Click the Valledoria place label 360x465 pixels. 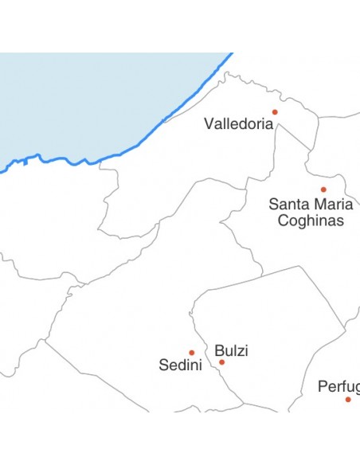tap(238, 124)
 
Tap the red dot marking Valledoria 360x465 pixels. tap(275, 112)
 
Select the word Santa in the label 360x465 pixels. tap(288, 204)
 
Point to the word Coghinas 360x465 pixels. tap(311, 220)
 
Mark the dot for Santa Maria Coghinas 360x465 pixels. tap(323, 190)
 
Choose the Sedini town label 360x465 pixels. tap(180, 365)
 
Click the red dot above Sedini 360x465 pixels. tap(192, 353)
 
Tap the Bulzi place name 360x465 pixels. tap(231, 350)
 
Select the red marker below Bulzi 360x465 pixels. tap(222, 362)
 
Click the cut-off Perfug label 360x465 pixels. tap(338, 387)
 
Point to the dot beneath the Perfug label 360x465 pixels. tap(348, 399)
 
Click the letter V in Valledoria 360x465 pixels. tap(209, 124)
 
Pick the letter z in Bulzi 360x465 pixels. tap(241, 351)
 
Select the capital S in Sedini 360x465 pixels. tap(164, 365)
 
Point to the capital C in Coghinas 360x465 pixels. tap(283, 220)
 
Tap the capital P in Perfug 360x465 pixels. tap(323, 387)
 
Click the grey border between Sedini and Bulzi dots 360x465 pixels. tap(205, 357)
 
